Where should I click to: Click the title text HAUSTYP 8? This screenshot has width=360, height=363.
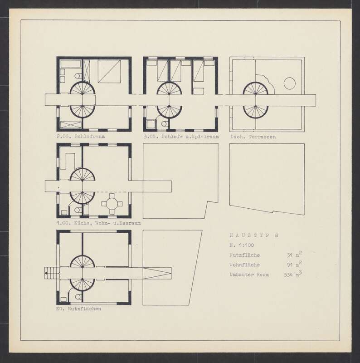point(254,235)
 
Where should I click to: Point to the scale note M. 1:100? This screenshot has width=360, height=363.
point(242,245)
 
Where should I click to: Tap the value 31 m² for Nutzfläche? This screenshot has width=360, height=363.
point(294,255)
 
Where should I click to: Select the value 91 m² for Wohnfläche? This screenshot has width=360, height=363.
point(294,264)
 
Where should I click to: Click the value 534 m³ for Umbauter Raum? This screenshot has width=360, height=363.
point(293,274)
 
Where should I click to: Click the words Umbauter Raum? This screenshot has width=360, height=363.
point(249,275)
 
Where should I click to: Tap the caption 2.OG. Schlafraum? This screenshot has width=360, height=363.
point(81,137)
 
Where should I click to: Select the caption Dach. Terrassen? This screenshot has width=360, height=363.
point(253,137)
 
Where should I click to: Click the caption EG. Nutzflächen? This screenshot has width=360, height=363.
point(78,309)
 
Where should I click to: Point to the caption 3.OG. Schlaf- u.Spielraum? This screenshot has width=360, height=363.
point(181,137)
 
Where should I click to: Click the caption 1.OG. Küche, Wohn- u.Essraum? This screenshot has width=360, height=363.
point(98,223)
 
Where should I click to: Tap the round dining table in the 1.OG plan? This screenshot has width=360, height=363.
point(112,204)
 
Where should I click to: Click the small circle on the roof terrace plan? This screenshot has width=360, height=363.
point(289,83)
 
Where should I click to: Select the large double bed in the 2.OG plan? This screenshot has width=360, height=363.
point(109,71)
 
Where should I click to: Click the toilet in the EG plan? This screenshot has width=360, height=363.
point(78,297)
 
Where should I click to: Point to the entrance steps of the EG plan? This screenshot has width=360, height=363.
point(52,273)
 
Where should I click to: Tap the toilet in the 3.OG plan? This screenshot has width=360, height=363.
point(164,124)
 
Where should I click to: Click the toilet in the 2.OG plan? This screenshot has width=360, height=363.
point(78,76)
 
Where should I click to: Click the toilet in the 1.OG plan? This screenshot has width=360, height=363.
point(78,210)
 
